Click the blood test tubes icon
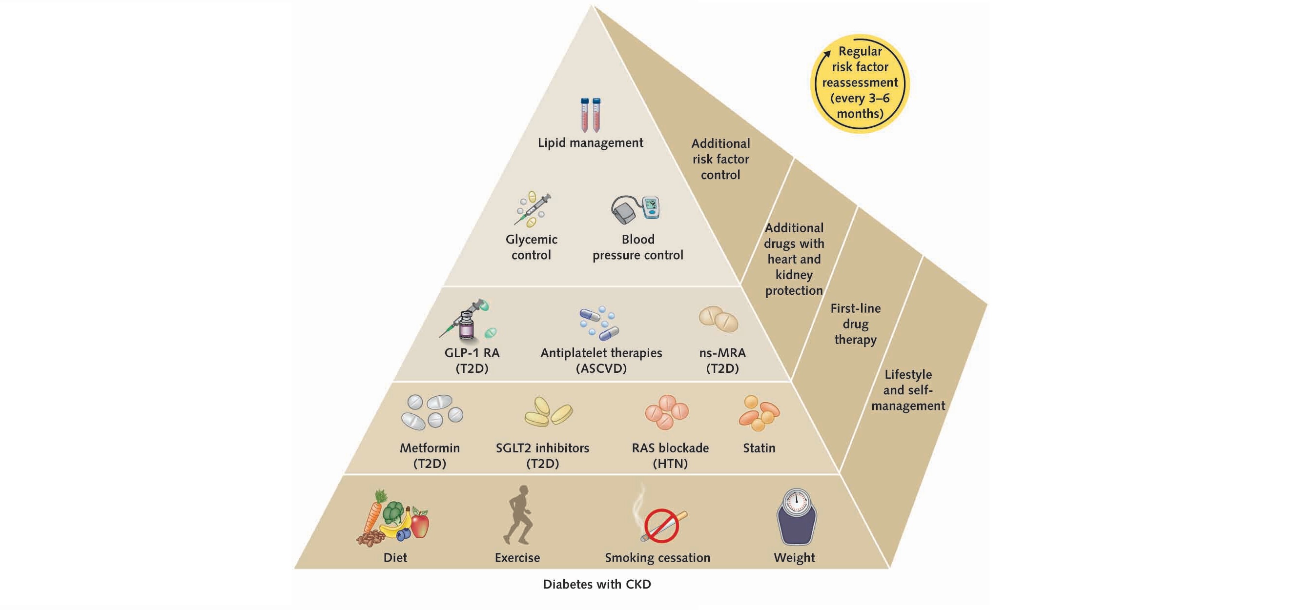(x=590, y=115)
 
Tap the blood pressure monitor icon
(x=636, y=209)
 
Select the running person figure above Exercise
(x=518, y=515)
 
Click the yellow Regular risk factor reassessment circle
(x=860, y=82)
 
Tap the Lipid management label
(x=590, y=143)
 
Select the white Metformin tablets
(x=431, y=411)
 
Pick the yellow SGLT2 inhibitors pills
(x=548, y=411)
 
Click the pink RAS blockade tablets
(x=667, y=411)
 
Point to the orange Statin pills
(x=759, y=412)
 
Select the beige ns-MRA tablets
(x=718, y=319)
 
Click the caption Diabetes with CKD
(x=597, y=585)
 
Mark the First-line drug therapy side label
(x=855, y=324)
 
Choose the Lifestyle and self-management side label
(x=907, y=390)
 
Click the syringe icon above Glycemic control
(x=532, y=209)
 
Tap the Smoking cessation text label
(x=657, y=558)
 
